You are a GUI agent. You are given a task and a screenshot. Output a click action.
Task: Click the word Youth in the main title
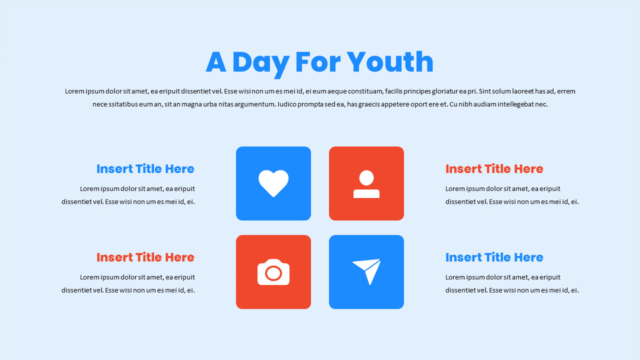390,62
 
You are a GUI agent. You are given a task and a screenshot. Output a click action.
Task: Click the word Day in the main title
260,63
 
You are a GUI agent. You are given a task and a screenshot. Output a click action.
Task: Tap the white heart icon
273,183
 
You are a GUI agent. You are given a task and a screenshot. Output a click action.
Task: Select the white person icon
366,184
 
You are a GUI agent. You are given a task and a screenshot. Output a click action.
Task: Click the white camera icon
273,272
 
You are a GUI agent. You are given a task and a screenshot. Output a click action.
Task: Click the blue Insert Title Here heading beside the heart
145,169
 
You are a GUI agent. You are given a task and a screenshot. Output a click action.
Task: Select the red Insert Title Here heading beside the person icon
494,169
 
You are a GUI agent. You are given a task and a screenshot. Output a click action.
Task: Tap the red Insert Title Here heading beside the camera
145,257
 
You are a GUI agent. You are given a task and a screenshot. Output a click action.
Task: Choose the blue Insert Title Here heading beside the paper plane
494,257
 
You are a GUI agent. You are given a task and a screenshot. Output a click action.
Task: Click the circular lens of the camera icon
273,273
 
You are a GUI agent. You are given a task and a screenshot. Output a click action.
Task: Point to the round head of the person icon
366,177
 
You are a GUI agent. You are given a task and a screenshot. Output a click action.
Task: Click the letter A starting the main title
216,62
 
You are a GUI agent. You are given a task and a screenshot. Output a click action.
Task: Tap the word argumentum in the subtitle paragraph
255,104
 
